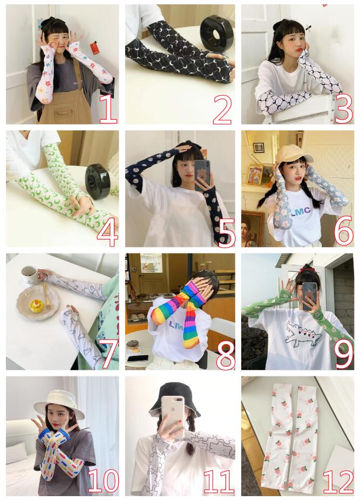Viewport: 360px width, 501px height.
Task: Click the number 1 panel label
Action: click(x=108, y=109)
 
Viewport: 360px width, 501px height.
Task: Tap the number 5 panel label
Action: click(x=227, y=232)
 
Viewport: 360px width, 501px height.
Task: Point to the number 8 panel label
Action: click(x=226, y=355)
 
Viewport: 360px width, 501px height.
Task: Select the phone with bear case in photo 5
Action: click(x=202, y=175)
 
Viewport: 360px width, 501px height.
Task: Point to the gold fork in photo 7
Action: click(x=46, y=294)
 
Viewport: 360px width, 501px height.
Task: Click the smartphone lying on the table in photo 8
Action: click(x=138, y=359)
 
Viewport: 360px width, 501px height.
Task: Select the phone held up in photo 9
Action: click(x=309, y=296)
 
